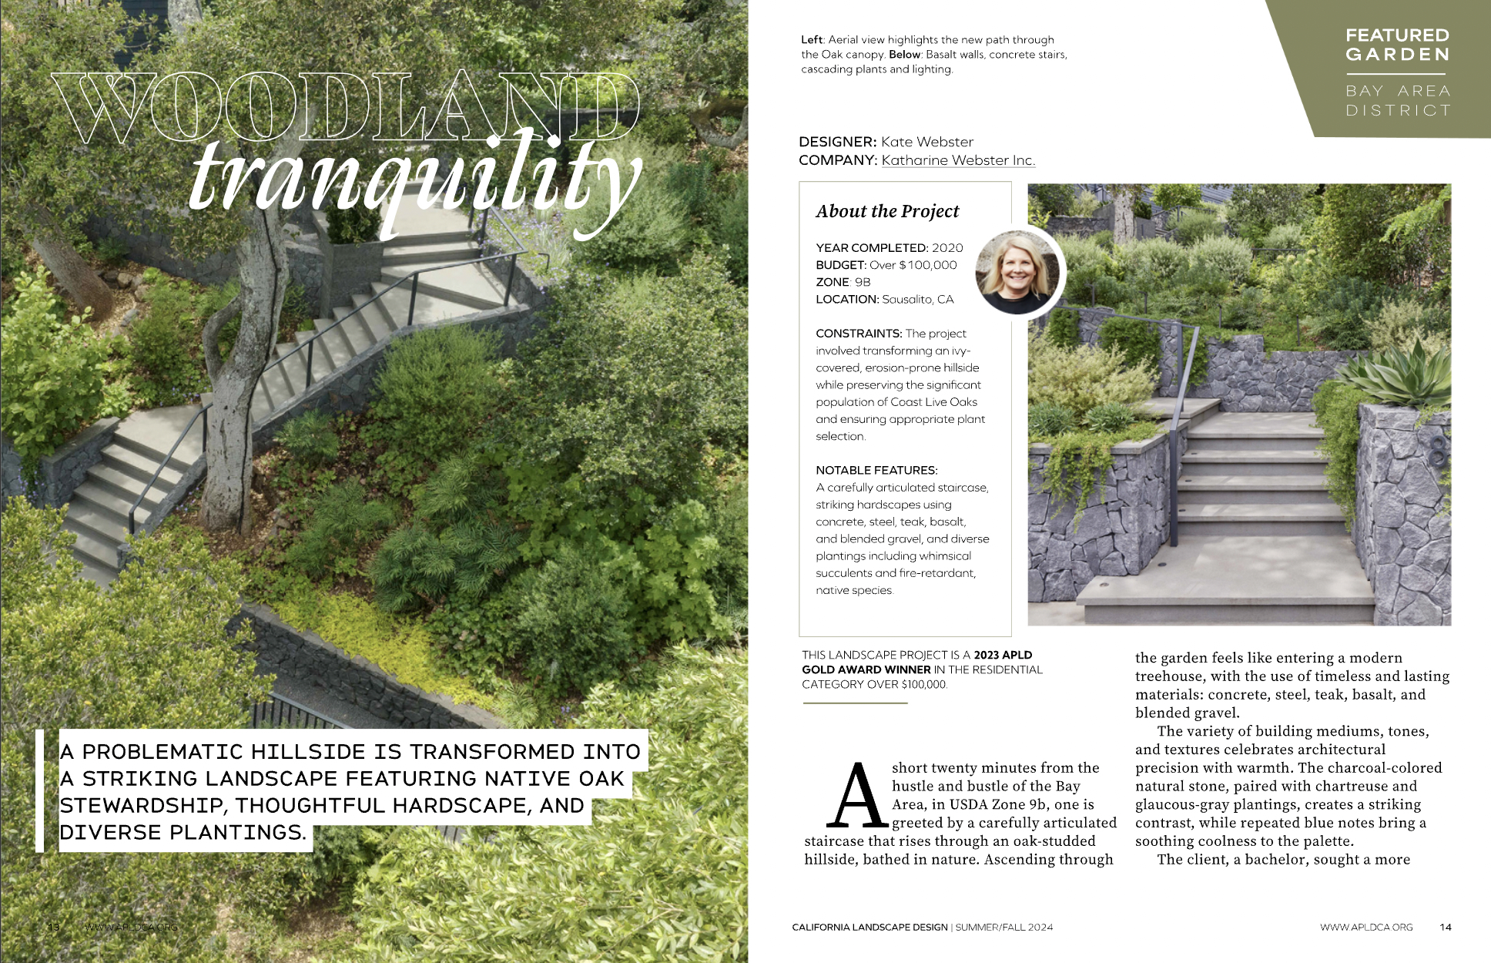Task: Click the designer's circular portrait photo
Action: pyautogui.click(x=1018, y=272)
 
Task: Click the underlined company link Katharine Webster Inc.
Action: pyautogui.click(x=958, y=160)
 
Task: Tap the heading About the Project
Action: pyautogui.click(x=887, y=211)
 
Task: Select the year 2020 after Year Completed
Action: pyautogui.click(x=947, y=248)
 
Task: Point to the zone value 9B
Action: pyautogui.click(x=863, y=282)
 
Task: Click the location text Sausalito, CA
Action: pyautogui.click(x=917, y=299)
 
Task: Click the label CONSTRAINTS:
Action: pyautogui.click(x=859, y=334)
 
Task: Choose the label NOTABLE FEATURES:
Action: pyautogui.click(x=876, y=470)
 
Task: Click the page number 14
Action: pyautogui.click(x=1445, y=927)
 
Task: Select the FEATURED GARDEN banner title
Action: pyautogui.click(x=1397, y=45)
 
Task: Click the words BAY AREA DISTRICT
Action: pyautogui.click(x=1397, y=101)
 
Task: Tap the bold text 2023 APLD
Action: pyautogui.click(x=1003, y=655)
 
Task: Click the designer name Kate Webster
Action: pyautogui.click(x=927, y=142)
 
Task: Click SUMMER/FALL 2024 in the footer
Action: pyautogui.click(x=1004, y=927)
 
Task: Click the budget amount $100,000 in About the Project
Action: pyautogui.click(x=928, y=265)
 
